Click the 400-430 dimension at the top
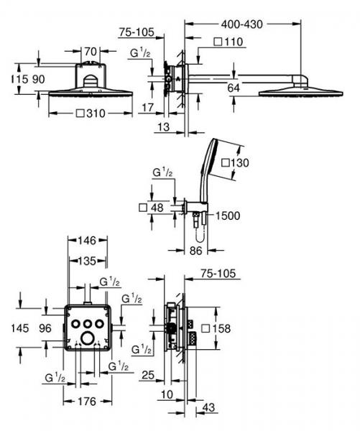pos(241,24)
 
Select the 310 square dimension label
pos(91,113)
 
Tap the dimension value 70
pos(91,52)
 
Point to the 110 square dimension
pos(229,42)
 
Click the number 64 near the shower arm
pos(234,88)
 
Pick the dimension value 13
pos(164,127)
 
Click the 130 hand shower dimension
pos(235,163)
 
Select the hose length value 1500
pos(228,215)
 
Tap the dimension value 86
pos(196,251)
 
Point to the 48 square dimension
pos(152,208)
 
